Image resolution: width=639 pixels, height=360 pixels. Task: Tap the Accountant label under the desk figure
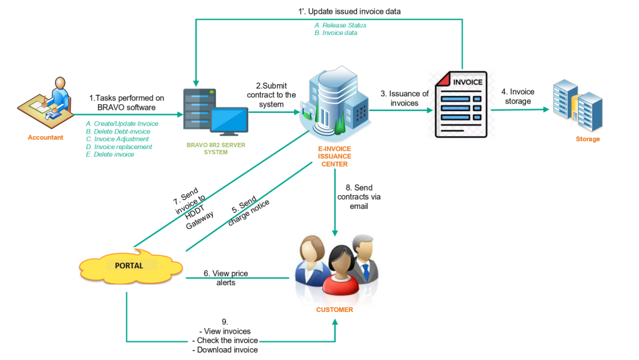46,137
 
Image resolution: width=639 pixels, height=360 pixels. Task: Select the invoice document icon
462,104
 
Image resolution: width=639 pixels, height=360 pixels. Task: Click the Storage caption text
588,139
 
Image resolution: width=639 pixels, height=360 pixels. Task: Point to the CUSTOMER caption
334,309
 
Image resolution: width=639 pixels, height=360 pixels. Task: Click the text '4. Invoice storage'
518,97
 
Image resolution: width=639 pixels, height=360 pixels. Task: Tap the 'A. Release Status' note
340,26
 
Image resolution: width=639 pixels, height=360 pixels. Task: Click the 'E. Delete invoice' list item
110,154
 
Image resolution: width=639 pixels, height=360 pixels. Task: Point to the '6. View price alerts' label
225,278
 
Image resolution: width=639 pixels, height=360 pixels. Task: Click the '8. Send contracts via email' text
358,197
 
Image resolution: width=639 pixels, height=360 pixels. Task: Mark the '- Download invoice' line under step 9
225,350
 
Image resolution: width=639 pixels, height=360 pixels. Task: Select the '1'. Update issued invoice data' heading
349,11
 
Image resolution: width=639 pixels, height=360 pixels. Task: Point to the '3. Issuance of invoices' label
404,98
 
